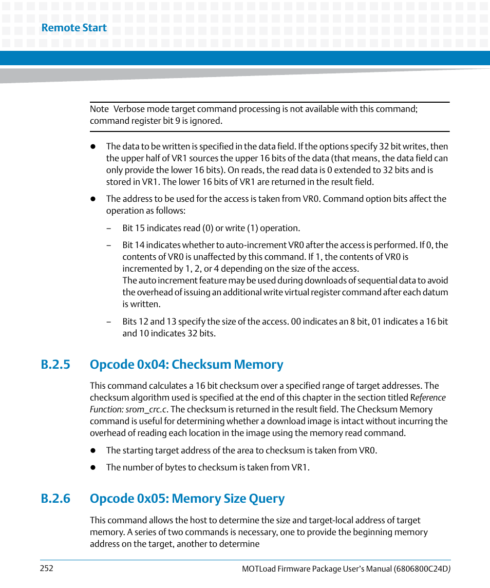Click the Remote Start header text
click(74, 28)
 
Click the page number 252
click(46, 568)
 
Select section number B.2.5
click(55, 364)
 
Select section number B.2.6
click(55, 499)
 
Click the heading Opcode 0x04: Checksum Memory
click(186, 364)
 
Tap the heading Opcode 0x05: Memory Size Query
click(187, 499)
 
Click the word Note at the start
click(99, 109)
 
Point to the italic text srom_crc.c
click(146, 409)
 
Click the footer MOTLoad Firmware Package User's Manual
click(316, 569)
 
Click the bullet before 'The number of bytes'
click(93, 468)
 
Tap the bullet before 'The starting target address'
click(93, 451)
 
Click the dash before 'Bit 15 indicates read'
click(109, 228)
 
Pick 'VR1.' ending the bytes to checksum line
click(301, 467)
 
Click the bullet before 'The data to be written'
click(93, 146)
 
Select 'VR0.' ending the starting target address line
click(368, 450)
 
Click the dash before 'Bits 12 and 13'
click(109, 321)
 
